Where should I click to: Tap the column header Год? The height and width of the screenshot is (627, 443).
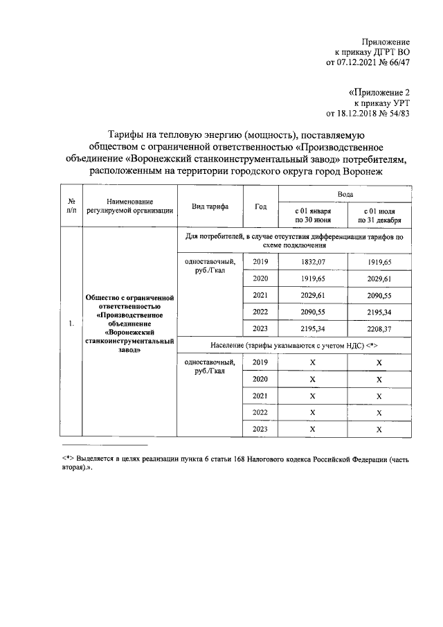(260, 206)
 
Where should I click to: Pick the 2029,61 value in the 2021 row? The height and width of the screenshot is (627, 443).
(312, 295)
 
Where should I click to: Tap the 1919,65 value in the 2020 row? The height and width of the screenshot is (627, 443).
(312, 279)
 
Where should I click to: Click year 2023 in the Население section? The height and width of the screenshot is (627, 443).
(260, 429)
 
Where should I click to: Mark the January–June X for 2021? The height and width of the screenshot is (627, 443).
(312, 396)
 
